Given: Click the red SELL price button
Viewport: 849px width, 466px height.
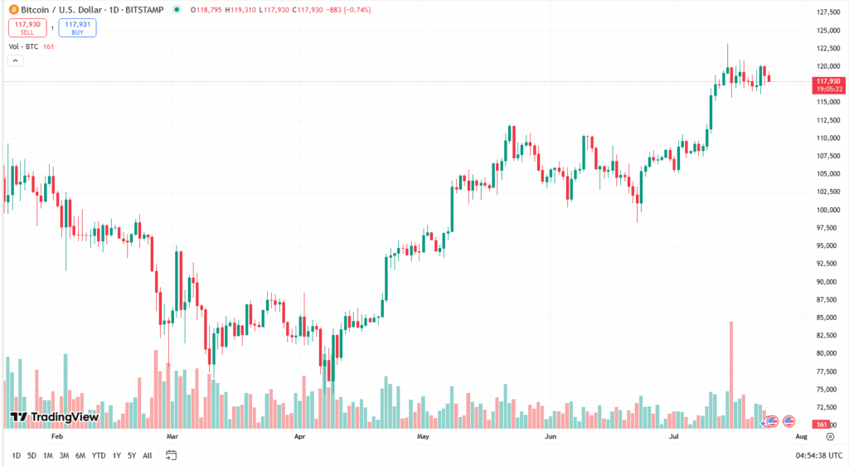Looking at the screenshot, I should point(27,27).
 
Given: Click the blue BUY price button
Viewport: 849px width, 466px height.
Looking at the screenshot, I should point(77,27).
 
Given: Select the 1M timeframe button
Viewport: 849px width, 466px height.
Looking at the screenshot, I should point(48,455).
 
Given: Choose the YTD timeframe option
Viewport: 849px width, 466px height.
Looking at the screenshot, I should point(99,455).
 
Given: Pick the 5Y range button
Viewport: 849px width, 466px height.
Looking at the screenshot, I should point(132,455).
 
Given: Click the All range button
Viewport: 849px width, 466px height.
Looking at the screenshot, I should point(148,455).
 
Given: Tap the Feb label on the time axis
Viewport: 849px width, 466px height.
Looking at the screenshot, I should point(57,434).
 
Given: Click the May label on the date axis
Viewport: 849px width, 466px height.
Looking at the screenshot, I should point(424,434).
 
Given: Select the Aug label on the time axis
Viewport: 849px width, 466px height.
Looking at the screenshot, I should point(801,434).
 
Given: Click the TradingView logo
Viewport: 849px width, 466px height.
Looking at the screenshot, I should point(55,417).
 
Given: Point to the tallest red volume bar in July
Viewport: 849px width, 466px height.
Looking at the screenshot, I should point(731,373).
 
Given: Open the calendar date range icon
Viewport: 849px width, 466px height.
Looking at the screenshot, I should point(172,455).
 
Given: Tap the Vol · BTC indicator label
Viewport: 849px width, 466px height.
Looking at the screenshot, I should point(23,46).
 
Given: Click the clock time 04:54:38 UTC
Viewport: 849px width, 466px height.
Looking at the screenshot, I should point(819,455).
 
